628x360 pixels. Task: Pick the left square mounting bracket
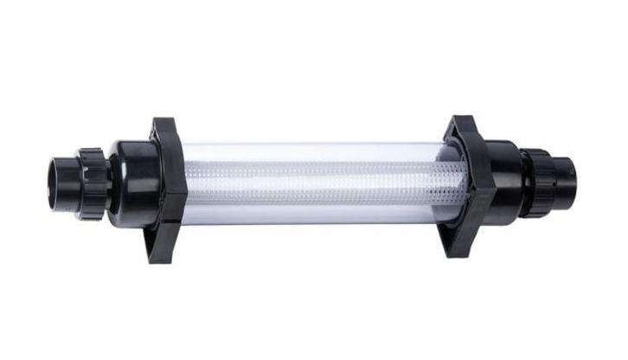tap(168, 190)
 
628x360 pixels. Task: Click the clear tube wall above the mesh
tap(320, 154)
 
